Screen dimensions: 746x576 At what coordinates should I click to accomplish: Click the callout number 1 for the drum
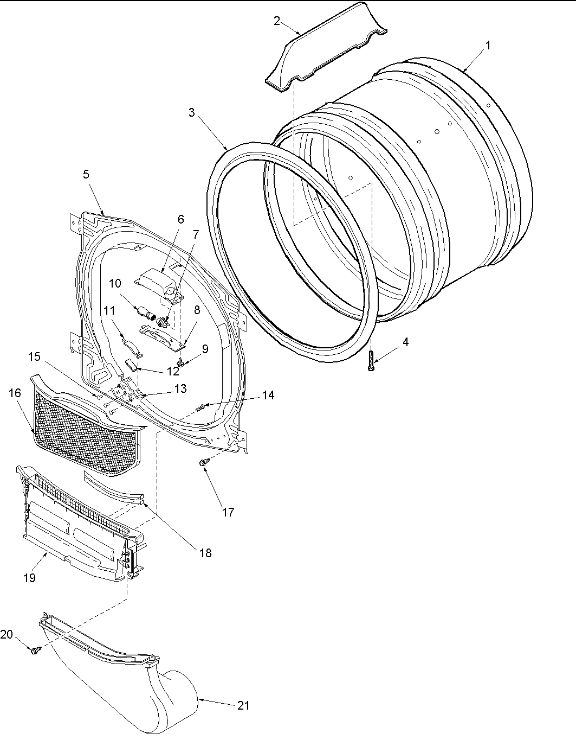tap(488, 46)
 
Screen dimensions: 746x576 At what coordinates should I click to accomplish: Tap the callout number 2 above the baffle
tap(277, 21)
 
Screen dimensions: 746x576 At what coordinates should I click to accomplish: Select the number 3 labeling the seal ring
tap(192, 112)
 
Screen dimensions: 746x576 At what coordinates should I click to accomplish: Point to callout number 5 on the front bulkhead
tap(86, 174)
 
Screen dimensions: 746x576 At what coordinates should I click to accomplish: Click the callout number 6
tap(180, 219)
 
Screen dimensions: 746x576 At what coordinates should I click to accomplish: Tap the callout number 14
tap(268, 396)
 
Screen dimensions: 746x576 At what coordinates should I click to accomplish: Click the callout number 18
tap(205, 553)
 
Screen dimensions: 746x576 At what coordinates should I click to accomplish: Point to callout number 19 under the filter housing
tap(29, 578)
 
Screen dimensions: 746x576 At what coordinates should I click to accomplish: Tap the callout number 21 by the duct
tap(244, 705)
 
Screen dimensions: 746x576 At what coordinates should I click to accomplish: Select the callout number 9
tap(205, 350)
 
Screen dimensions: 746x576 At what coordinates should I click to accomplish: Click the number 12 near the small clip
tap(173, 372)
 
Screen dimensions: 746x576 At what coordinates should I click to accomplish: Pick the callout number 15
tap(34, 356)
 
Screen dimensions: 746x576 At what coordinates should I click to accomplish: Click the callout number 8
tap(197, 310)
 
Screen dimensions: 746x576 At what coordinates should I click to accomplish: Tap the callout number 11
tap(109, 310)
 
